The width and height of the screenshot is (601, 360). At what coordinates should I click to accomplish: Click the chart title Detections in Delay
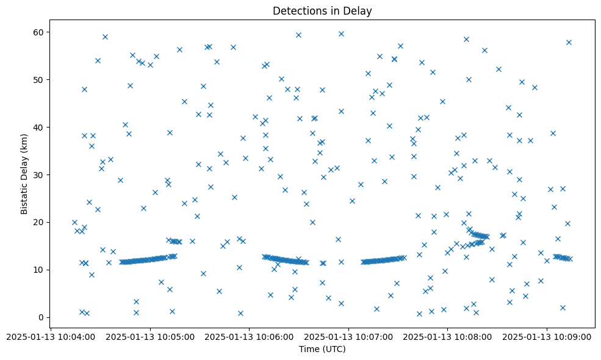pyautogui.click(x=322, y=11)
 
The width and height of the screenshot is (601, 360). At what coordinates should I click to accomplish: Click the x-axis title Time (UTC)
pyautogui.click(x=322, y=349)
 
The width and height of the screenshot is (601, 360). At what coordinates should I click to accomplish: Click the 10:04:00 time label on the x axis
pyautogui.click(x=51, y=336)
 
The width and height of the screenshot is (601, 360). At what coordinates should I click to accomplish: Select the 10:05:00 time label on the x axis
pyautogui.click(x=150, y=336)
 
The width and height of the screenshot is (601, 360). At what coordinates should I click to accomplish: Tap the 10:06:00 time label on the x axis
pyautogui.click(x=249, y=336)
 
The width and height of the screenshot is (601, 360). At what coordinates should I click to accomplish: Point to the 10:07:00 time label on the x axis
pyautogui.click(x=348, y=336)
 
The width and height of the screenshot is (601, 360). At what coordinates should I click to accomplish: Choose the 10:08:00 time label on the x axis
pyautogui.click(x=447, y=336)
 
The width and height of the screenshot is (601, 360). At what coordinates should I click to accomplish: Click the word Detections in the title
pyautogui.click(x=301, y=11)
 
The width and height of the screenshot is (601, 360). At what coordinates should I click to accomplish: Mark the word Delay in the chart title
pyautogui.click(x=359, y=11)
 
